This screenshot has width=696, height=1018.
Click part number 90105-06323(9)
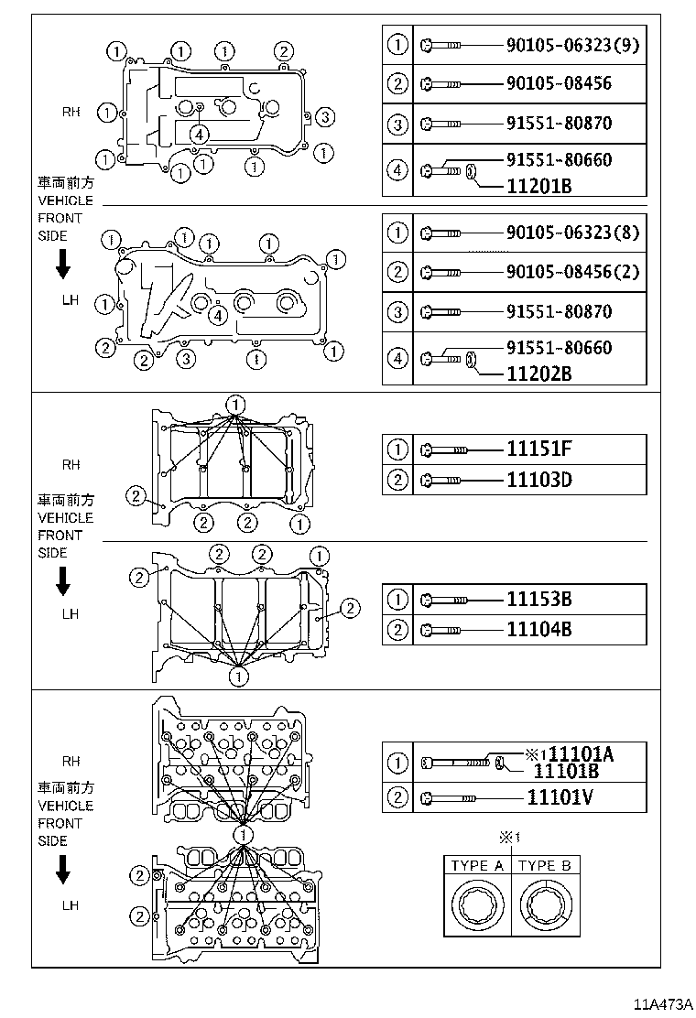point(572,45)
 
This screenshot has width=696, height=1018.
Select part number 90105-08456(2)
point(572,271)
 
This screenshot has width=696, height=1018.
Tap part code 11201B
point(538,187)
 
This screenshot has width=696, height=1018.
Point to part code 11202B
point(538,374)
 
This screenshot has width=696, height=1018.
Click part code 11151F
point(538,449)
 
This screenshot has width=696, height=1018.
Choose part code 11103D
point(538,480)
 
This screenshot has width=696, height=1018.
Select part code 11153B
point(538,599)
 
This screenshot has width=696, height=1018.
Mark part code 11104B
point(538,629)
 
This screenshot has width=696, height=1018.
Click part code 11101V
point(560,796)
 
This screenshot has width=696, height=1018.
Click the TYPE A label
point(477,865)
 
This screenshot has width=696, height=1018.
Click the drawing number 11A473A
point(661,1004)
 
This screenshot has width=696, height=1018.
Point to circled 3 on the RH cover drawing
point(324,117)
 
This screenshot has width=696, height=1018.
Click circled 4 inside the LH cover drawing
point(218,316)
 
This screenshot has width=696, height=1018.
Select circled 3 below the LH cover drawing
point(186,358)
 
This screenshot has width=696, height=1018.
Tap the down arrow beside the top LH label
point(63,265)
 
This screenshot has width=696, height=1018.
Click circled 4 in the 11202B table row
point(397,358)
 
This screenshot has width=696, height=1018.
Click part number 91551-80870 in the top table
point(559,124)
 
